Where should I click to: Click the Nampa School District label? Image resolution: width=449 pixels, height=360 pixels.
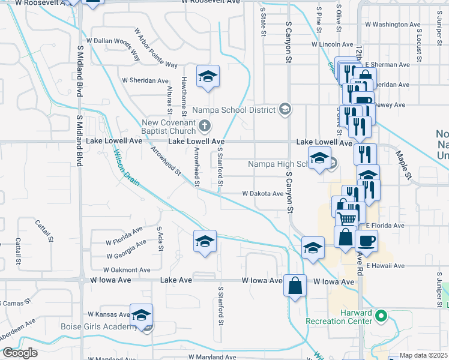pos(234,110)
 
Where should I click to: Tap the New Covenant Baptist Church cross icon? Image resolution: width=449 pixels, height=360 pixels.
pos(205,125)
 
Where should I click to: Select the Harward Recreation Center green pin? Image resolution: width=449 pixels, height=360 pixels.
pos(380,314)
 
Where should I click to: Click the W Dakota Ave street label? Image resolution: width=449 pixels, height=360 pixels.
pos(262,194)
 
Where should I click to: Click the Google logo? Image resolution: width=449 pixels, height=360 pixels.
pos(20,353)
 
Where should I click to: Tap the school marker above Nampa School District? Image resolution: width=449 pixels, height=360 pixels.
pos(208,76)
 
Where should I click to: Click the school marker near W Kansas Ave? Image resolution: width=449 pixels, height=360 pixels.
pos(142,315)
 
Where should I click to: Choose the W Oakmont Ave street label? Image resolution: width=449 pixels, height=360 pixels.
pos(127,271)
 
